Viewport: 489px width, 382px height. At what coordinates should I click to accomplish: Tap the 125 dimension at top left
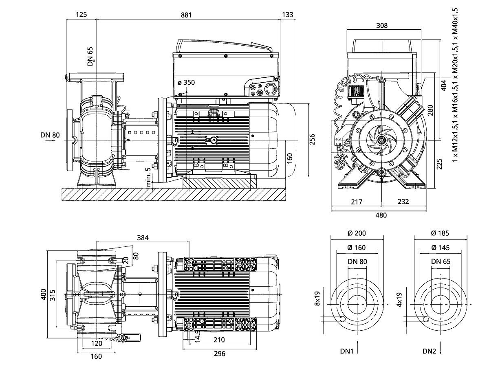click(x=81, y=15)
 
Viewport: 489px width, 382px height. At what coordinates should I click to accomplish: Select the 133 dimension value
click(x=287, y=15)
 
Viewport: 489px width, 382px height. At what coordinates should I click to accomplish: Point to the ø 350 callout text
click(x=186, y=82)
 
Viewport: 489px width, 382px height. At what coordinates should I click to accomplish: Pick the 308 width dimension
click(x=382, y=26)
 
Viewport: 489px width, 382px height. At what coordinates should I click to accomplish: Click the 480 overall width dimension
click(x=381, y=215)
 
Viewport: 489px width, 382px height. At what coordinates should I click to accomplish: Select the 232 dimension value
click(x=404, y=202)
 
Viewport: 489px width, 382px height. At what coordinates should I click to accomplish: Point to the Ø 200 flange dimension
click(x=357, y=233)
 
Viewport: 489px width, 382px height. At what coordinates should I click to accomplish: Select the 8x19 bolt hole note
click(x=317, y=299)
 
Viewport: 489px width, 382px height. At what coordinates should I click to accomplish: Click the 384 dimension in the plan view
click(x=143, y=238)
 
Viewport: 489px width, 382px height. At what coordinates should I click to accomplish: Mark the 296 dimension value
click(x=219, y=353)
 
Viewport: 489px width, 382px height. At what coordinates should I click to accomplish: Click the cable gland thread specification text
click(x=455, y=84)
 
